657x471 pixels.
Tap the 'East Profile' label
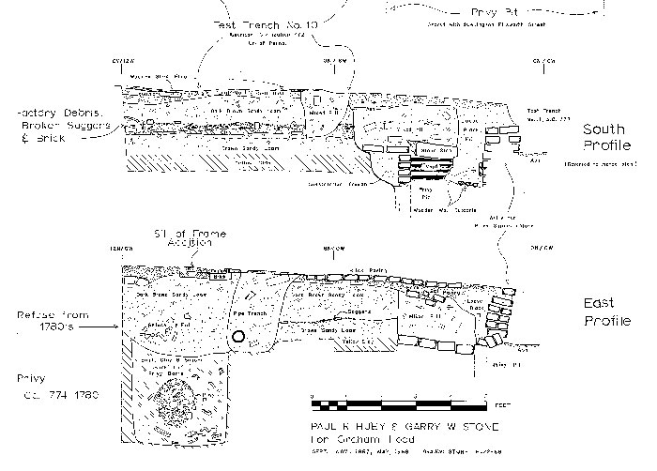point(606,312)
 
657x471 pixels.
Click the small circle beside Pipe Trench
point(237,337)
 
